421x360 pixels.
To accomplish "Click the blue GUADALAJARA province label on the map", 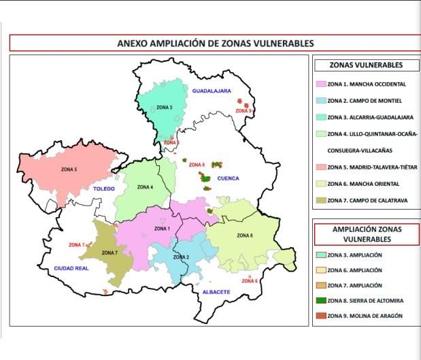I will tap(212, 91).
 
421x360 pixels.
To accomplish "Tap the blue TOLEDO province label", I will tap(104, 189).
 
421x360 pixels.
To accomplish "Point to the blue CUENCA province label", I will tap(228, 178).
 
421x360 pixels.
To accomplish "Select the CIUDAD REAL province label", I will tap(71, 269).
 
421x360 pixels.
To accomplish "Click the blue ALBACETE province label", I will tap(216, 292).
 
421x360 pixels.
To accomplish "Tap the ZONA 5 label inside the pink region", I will tap(69, 169).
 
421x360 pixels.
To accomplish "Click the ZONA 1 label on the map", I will tap(162, 228).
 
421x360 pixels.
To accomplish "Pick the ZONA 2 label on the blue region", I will tap(181, 257).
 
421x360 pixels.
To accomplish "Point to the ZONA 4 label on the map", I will tap(145, 186).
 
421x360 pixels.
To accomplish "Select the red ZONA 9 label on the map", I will tap(243, 110).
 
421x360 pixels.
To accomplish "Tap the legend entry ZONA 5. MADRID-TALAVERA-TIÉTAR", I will tap(371, 167).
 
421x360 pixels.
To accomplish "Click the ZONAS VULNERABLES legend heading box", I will tap(365, 65).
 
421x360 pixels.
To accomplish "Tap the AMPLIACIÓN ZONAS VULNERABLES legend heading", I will tap(366, 234).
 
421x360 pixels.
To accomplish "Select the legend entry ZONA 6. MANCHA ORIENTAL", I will tap(363, 184).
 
